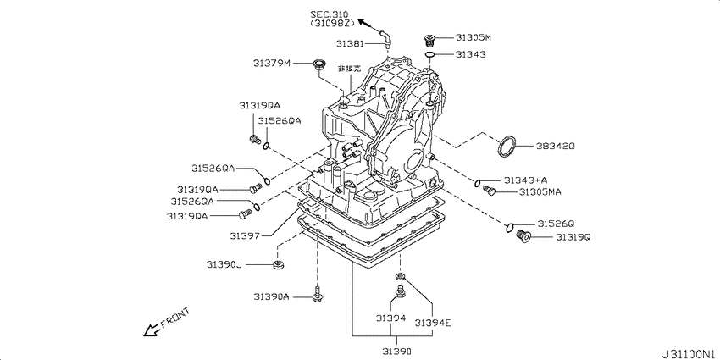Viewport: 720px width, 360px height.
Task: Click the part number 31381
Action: [349, 43]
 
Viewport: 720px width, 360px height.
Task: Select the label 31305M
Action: [474, 37]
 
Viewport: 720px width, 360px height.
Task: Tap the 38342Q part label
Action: [555, 146]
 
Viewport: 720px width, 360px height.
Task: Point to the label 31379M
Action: [271, 63]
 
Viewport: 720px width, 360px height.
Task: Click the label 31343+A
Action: [525, 180]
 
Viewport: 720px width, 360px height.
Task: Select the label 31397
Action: [247, 235]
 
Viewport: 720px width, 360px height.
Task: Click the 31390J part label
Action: [224, 265]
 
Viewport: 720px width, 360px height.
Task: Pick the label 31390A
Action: [271, 296]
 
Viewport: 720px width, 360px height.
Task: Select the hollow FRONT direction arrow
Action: [151, 330]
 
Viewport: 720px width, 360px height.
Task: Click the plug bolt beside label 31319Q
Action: [522, 237]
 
